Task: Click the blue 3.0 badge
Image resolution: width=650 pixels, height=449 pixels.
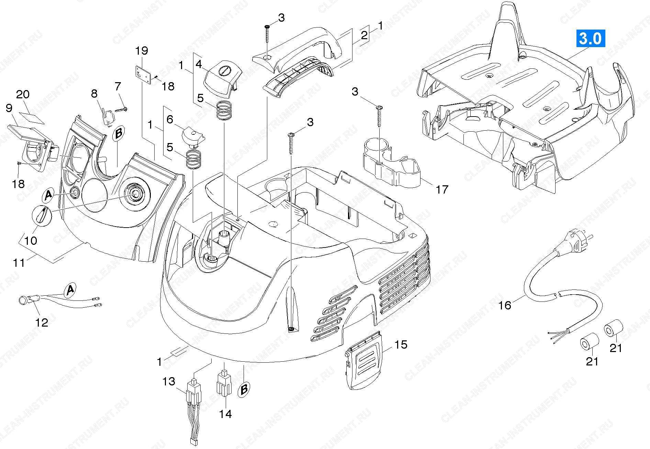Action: coord(590,39)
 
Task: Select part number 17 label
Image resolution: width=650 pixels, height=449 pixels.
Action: coord(442,189)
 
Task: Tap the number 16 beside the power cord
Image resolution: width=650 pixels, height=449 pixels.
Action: coord(505,305)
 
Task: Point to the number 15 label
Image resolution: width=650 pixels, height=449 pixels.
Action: coord(401,344)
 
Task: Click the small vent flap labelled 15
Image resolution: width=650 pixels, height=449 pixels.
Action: coord(365,361)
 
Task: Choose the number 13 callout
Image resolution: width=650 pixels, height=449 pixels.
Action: coord(169,381)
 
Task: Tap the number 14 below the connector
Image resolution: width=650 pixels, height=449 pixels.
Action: coord(226,414)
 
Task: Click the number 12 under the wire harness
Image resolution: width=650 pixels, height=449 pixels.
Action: coord(42,322)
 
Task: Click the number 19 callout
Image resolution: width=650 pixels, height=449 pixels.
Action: coord(142,51)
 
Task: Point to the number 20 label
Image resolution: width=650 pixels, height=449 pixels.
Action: coord(23,94)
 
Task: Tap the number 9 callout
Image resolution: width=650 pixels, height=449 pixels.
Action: coord(9,108)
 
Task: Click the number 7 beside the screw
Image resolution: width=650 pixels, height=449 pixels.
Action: coord(118,86)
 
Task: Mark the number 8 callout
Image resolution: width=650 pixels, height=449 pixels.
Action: coord(94,94)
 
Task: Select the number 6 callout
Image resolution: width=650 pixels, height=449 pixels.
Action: coord(170,119)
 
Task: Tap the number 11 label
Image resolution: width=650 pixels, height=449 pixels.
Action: coord(19,263)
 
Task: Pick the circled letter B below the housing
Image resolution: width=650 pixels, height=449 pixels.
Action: coord(244,389)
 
